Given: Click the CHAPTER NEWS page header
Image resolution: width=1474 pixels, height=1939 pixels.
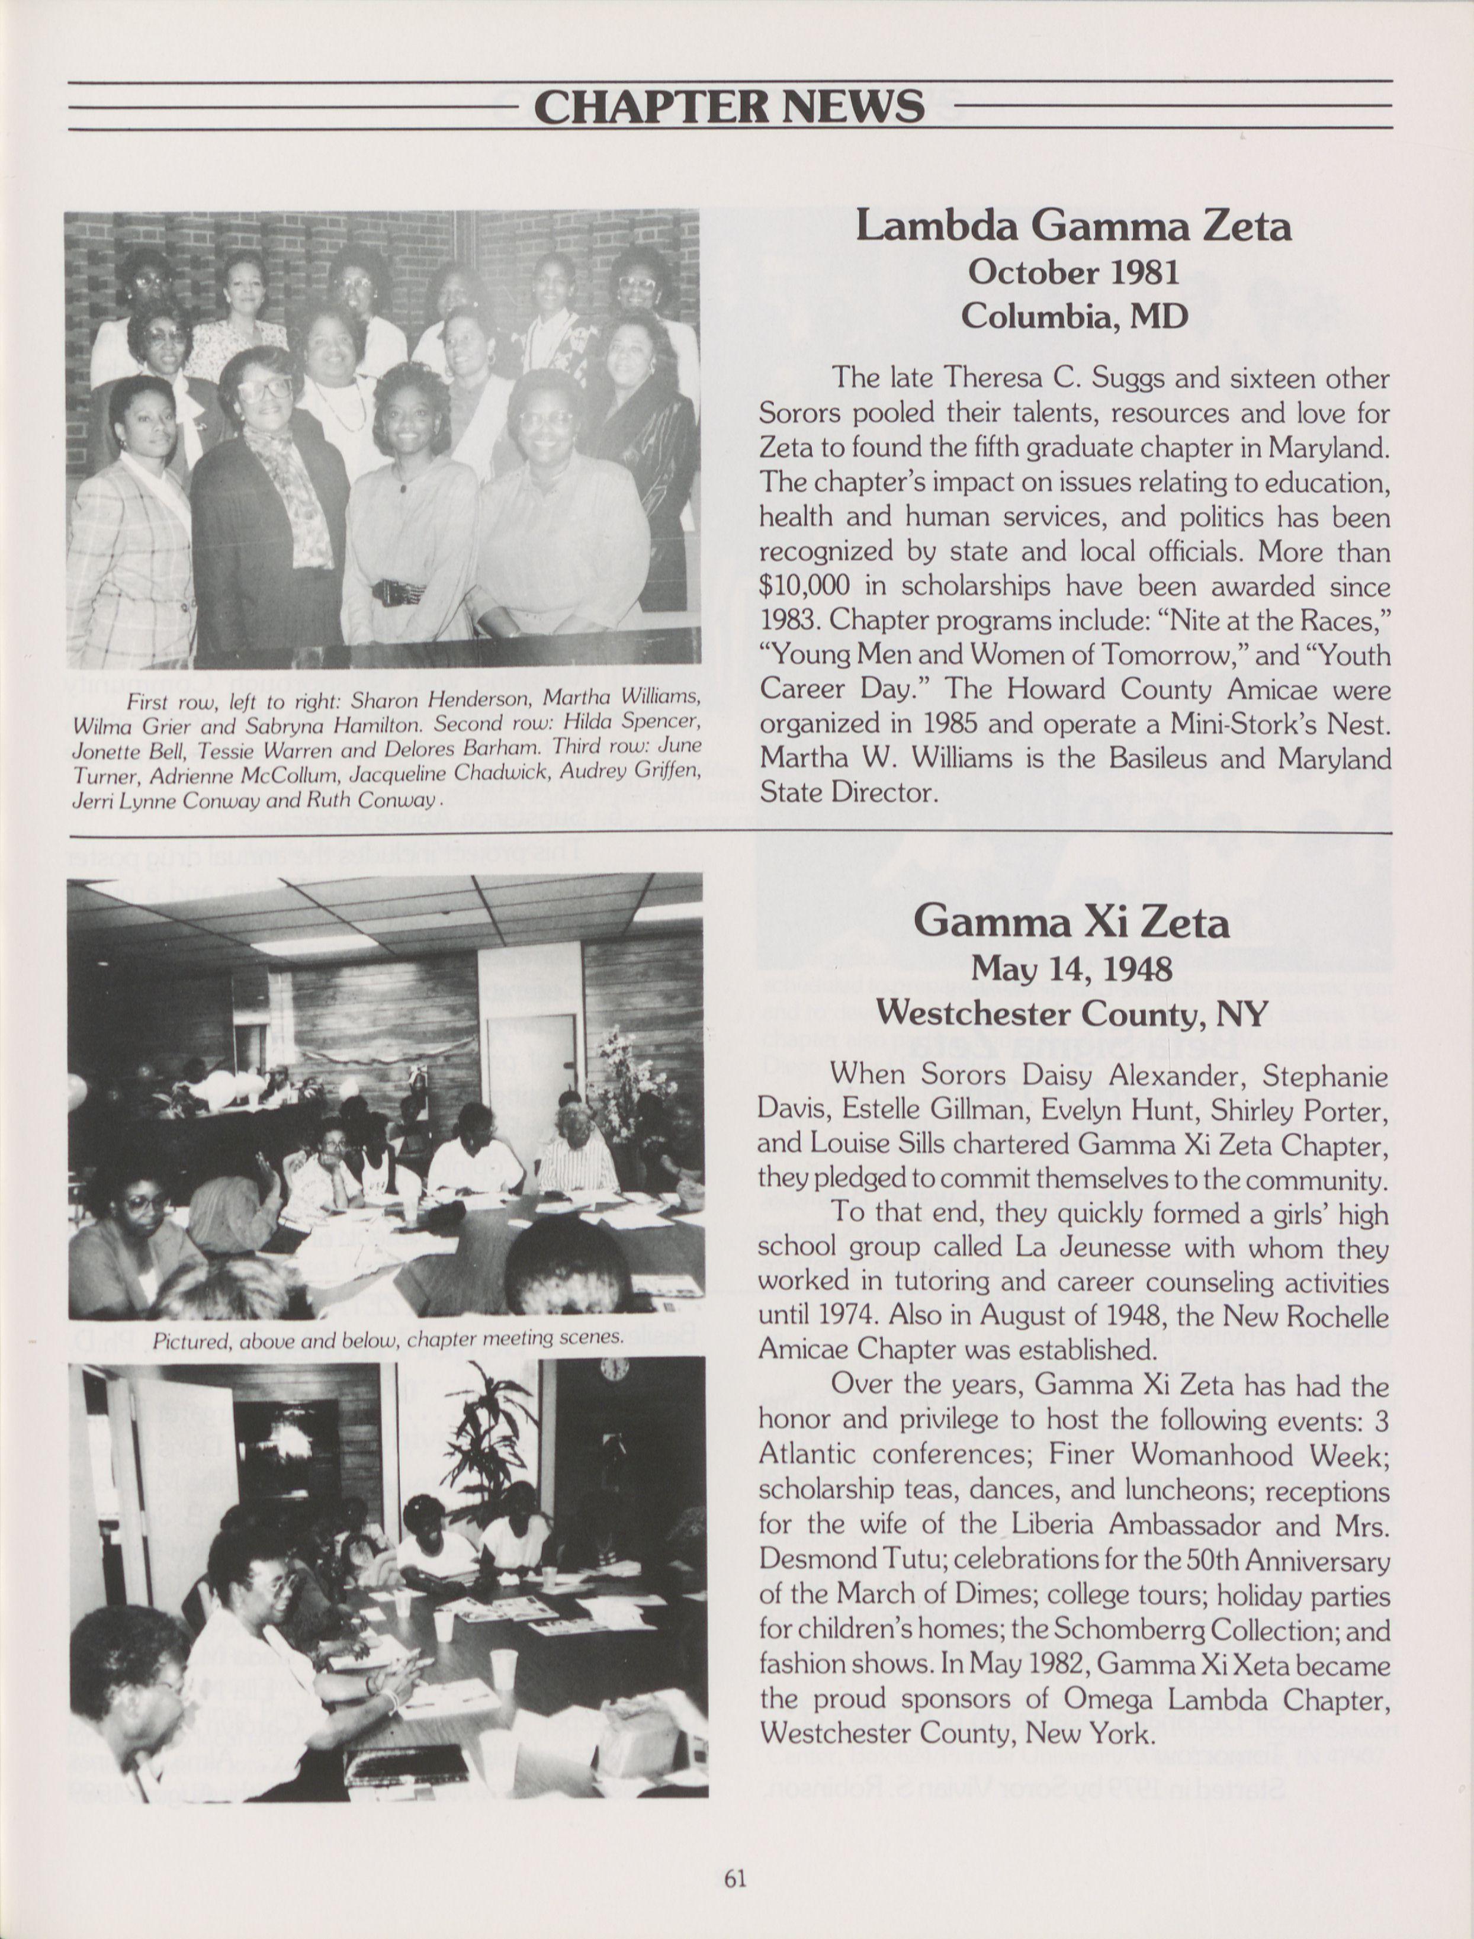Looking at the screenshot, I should [729, 107].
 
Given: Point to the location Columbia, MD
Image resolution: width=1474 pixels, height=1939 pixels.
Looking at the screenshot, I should [1074, 315].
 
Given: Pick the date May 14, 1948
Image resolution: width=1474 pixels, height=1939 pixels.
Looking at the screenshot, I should [1071, 969].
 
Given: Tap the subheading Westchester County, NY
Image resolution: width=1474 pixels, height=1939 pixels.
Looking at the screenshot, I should [1072, 1013].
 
